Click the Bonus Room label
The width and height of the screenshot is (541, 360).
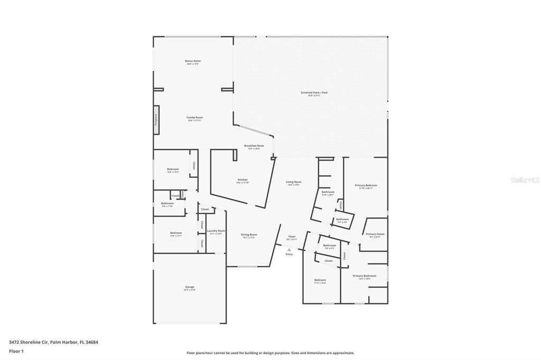click(193, 62)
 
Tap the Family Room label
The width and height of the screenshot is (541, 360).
click(194, 118)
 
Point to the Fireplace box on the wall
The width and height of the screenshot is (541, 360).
click(156, 120)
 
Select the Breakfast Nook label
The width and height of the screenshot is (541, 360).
click(254, 146)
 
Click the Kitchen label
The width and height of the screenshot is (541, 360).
click(242, 181)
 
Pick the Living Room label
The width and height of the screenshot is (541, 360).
click(294, 183)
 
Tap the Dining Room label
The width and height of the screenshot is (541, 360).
click(249, 235)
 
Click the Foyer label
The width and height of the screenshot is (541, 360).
click(292, 237)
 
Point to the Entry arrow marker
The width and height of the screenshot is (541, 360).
click(289, 250)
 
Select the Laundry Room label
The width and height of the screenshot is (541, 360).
click(216, 231)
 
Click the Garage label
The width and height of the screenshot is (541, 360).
click(189, 288)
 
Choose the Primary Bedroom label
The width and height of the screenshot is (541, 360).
click(366, 186)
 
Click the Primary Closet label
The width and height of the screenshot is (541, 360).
click(375, 235)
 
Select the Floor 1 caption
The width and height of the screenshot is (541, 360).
click(16, 351)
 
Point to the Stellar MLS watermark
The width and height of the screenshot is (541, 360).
click(525, 180)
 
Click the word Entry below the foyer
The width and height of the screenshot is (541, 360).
click(289, 254)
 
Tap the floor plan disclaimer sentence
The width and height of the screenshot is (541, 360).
click(270, 353)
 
